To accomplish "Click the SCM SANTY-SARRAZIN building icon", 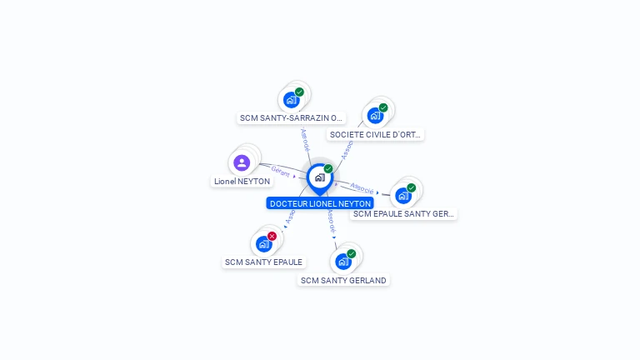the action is point(291,100).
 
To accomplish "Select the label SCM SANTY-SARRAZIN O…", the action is point(291,118).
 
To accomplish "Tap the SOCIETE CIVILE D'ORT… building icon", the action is point(375,115).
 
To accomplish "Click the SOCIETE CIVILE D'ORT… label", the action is point(376,134).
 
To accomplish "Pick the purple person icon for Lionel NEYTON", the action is point(242,162).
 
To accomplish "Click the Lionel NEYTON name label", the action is point(242,181).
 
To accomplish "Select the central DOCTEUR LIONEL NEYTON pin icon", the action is point(319,177).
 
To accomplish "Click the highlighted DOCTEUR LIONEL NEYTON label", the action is point(320,203).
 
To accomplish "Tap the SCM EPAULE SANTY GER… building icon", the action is point(403,196).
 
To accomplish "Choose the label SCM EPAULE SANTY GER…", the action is point(403,214).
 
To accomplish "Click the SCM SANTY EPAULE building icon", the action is point(264,243).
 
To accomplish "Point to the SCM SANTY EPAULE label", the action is point(263,262).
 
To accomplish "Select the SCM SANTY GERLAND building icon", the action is point(342,262).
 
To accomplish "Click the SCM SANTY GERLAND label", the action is point(343,281).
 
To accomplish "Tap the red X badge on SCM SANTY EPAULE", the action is point(272,236).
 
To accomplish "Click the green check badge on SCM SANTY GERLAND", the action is point(351,253).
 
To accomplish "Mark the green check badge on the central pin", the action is point(328,169).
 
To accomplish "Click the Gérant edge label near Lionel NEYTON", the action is point(280,171).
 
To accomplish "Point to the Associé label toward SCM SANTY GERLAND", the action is point(331,221).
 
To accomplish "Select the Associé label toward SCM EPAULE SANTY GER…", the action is point(362,188).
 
